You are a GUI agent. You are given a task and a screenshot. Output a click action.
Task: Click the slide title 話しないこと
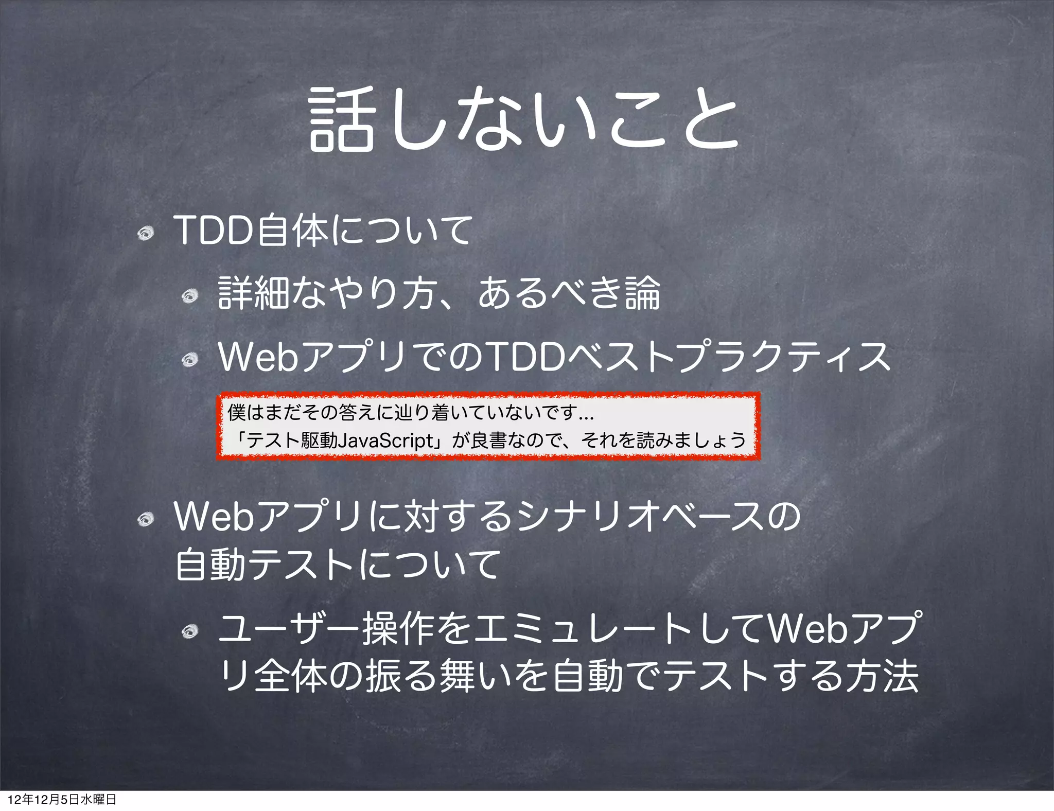click(524, 119)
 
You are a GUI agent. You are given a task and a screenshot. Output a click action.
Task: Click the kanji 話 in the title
click(341, 119)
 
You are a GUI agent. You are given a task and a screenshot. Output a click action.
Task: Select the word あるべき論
click(569, 293)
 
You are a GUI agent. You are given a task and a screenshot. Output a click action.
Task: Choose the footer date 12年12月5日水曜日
click(62, 799)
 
